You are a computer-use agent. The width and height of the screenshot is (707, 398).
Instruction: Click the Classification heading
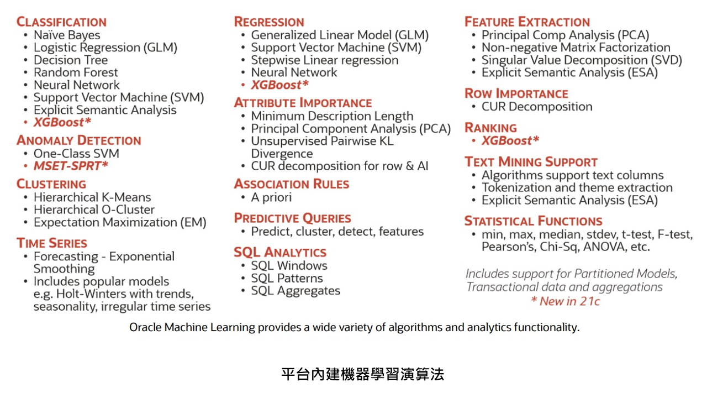point(61,22)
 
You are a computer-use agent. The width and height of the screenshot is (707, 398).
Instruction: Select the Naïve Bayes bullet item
point(67,35)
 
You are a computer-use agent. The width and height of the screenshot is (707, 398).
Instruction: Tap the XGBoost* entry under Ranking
point(510,140)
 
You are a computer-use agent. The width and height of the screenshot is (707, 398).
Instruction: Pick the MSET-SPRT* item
point(71,165)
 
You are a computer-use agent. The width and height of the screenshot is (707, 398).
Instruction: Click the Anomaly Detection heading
point(79,140)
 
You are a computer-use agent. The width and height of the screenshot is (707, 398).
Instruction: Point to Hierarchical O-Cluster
point(94,210)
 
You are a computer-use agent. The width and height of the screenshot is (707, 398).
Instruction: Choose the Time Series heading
point(52,243)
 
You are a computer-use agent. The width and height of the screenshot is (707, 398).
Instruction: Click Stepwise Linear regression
point(325,60)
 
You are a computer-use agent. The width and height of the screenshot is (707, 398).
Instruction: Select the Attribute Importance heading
point(303,103)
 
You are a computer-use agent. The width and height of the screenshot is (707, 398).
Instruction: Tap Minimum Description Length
point(332,116)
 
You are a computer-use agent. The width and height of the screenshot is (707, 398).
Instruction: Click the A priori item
point(271,197)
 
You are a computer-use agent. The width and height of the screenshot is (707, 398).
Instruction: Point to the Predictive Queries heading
point(293,218)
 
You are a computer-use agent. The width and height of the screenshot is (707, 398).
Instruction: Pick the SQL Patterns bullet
point(287,278)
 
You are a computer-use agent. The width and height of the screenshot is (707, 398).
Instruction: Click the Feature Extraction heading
point(527,22)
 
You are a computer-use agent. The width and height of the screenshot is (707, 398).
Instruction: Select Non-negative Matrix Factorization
point(576,48)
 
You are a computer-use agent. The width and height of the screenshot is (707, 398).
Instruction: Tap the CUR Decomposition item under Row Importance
point(537,107)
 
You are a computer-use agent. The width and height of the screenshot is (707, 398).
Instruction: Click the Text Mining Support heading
point(531,162)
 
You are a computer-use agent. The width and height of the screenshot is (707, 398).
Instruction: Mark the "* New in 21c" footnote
point(565,301)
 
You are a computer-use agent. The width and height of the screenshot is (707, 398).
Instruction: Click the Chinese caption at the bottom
point(363,374)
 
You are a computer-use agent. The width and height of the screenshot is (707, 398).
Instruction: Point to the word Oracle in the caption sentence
point(145,327)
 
